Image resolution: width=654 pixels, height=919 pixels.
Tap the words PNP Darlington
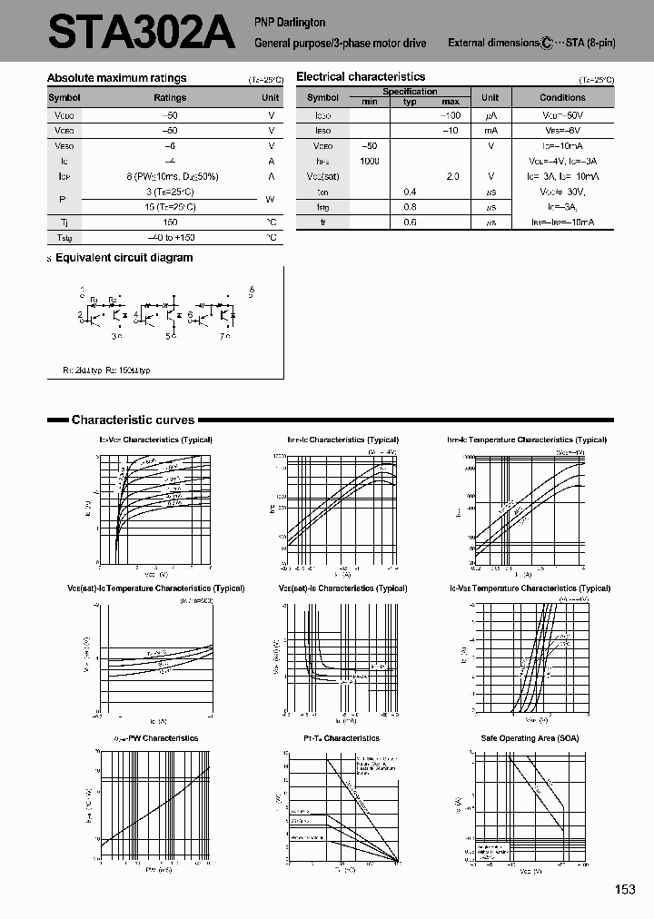290,22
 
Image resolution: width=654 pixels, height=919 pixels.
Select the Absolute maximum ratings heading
116,78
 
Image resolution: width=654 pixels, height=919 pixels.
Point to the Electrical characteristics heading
361,77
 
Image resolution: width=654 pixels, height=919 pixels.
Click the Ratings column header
170,97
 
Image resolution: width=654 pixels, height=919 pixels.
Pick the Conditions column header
562,97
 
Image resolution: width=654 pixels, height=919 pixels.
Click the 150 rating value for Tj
170,222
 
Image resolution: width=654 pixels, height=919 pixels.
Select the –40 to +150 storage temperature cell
170,237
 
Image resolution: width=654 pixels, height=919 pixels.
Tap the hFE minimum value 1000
369,161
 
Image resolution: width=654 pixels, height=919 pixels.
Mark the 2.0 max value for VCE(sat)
451,176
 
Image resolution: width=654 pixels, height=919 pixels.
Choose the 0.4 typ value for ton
410,192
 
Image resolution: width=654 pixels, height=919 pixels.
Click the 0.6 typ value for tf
410,222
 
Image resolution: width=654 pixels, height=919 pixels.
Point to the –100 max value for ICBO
451,115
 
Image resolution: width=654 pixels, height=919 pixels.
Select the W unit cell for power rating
271,199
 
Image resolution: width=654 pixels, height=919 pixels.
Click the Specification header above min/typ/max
410,92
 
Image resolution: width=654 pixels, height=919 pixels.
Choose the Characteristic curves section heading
133,420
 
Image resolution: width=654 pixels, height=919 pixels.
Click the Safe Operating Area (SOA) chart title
530,738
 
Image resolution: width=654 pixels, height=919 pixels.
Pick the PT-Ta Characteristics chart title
342,738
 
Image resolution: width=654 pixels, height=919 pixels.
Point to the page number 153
625,890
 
